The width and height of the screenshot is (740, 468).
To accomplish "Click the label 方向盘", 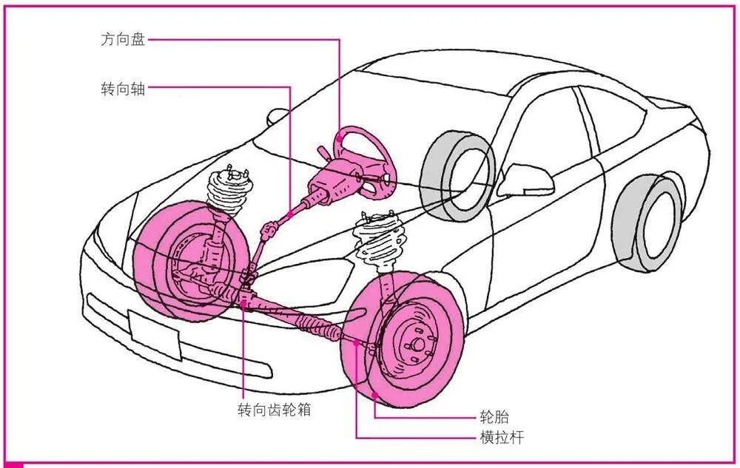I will pyautogui.click(x=122, y=39).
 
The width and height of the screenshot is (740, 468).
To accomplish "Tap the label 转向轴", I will pyautogui.click(x=122, y=89).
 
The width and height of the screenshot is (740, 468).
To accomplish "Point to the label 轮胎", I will pyautogui.click(x=494, y=417).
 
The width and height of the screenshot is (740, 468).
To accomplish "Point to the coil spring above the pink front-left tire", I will pyautogui.click(x=228, y=193).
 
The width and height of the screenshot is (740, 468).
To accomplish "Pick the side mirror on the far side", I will pyautogui.click(x=278, y=116).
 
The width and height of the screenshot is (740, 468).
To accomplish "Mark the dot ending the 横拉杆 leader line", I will pyautogui.click(x=357, y=342).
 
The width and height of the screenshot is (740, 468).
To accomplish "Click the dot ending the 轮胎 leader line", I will pyautogui.click(x=376, y=398).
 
